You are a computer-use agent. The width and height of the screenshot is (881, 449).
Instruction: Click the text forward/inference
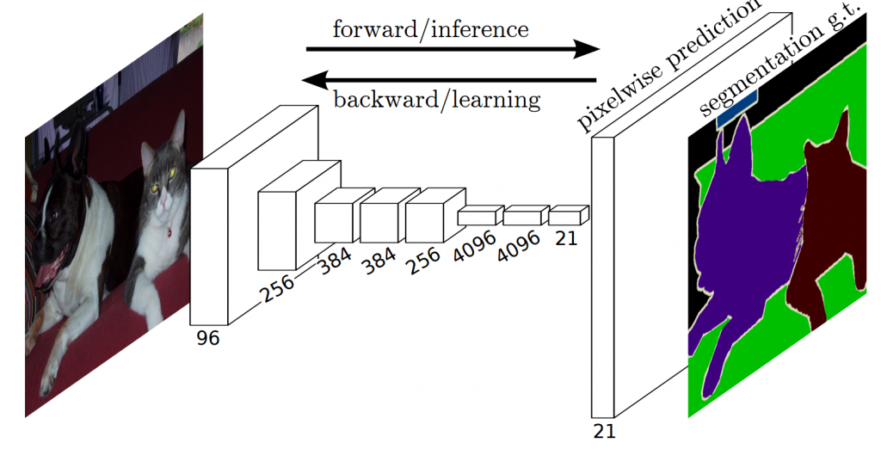click(430, 29)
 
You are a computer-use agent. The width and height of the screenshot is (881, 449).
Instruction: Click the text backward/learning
click(437, 100)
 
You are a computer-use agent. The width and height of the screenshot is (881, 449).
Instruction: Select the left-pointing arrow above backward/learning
click(447, 80)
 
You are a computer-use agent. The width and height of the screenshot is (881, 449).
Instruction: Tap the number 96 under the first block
click(208, 339)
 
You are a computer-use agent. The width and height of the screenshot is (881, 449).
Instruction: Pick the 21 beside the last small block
click(566, 238)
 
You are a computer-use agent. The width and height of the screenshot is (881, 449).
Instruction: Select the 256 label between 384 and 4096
click(423, 259)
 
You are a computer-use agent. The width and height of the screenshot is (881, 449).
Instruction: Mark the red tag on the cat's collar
click(169, 232)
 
